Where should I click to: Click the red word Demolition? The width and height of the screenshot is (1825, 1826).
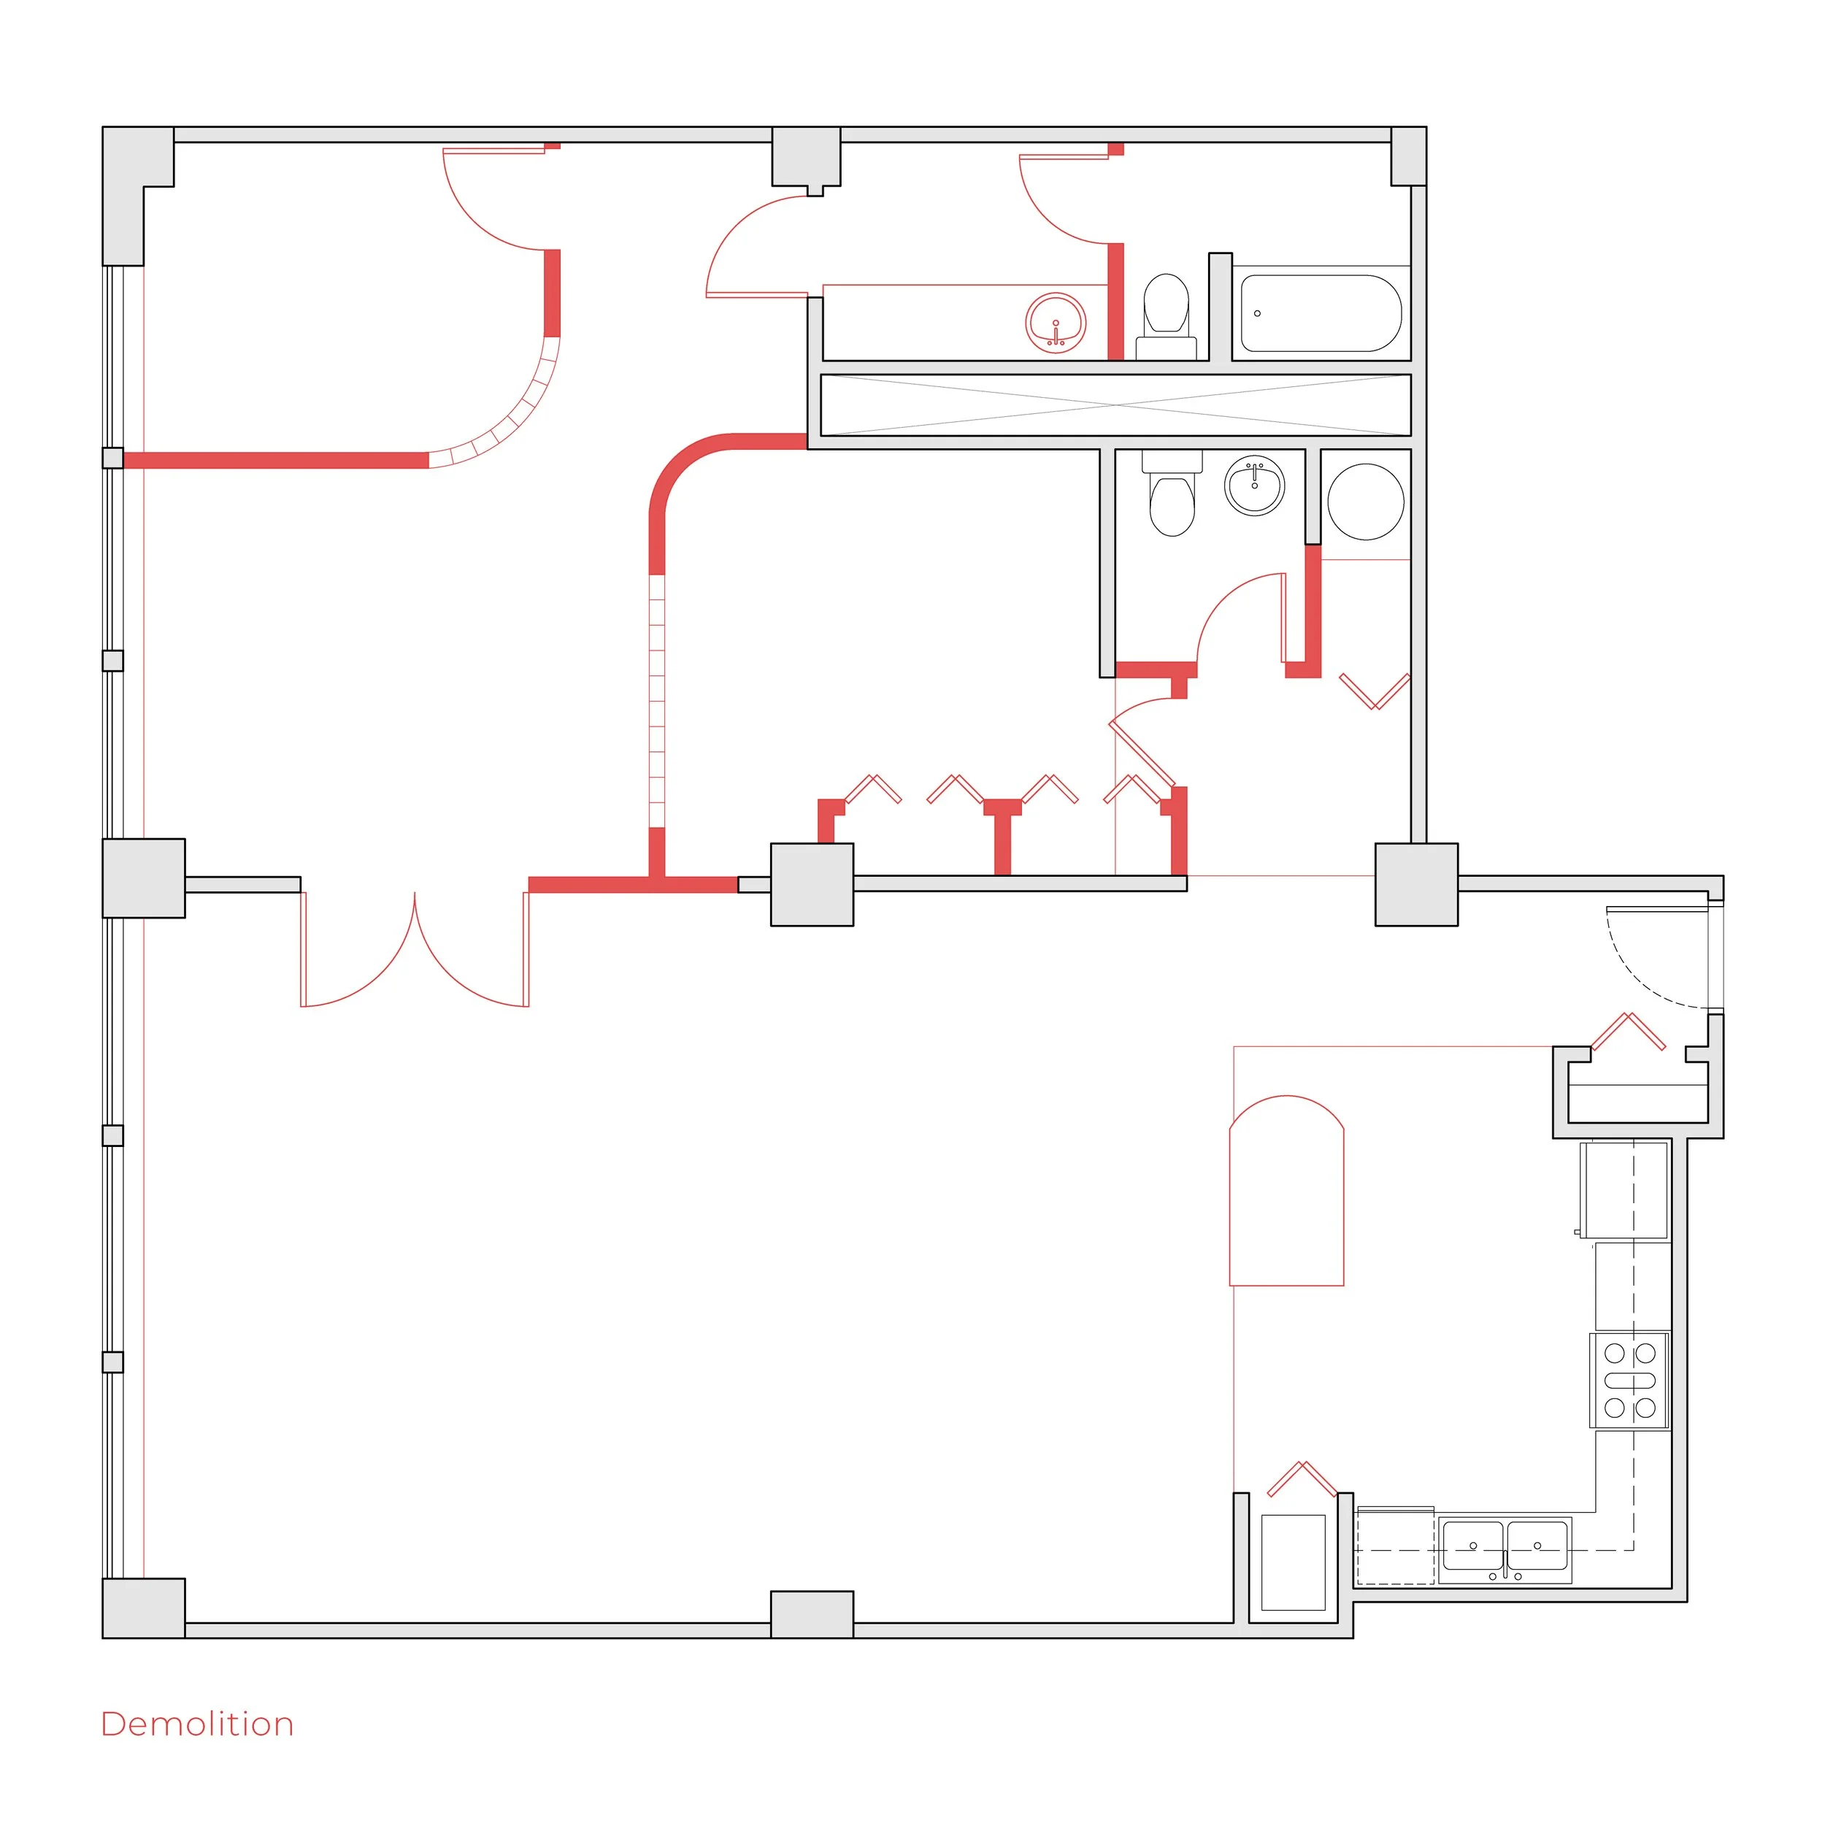pyautogui.click(x=196, y=1724)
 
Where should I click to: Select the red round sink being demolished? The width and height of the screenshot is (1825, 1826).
pyautogui.click(x=1055, y=323)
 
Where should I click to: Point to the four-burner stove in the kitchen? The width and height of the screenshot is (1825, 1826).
pyautogui.click(x=1629, y=1381)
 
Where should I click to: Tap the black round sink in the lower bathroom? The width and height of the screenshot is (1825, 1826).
pyautogui.click(x=1254, y=486)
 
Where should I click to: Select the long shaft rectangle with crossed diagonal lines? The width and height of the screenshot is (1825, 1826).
pyautogui.click(x=1115, y=404)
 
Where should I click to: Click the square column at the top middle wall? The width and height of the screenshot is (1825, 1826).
pyautogui.click(x=806, y=157)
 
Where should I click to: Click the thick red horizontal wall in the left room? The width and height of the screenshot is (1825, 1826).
pyautogui.click(x=274, y=460)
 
